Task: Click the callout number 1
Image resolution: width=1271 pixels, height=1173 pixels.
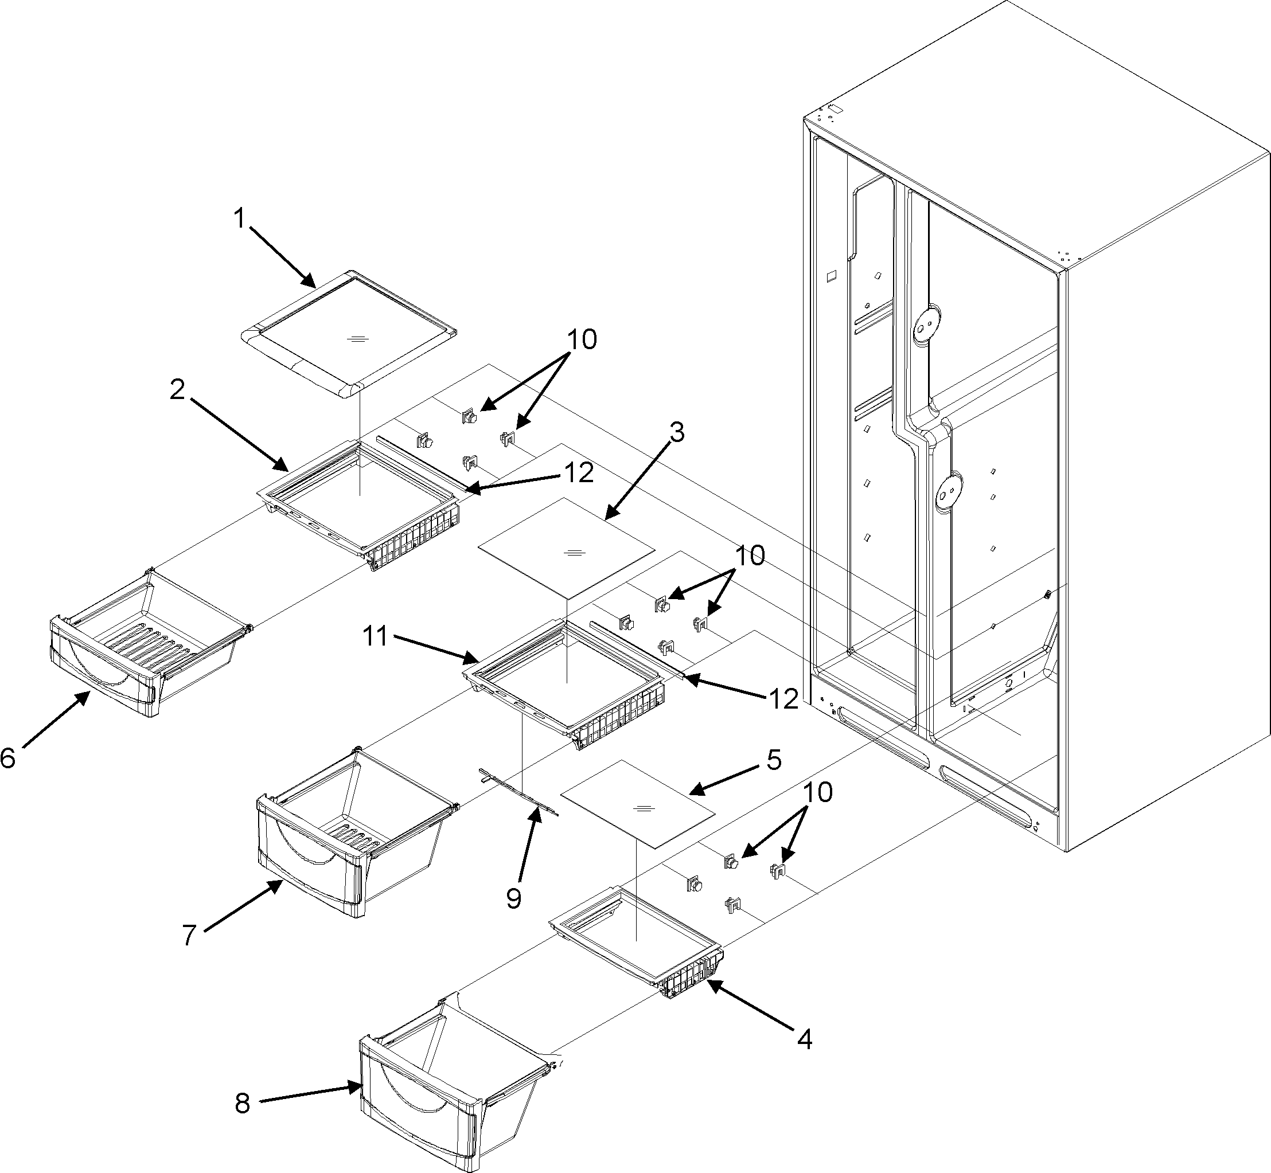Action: click(x=239, y=219)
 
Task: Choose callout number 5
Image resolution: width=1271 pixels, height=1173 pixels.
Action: click(x=773, y=760)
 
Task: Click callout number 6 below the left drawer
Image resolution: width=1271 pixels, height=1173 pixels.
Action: click(x=8, y=757)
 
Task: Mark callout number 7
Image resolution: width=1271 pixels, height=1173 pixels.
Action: click(x=189, y=936)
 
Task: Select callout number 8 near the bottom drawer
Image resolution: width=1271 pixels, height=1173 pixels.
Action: click(x=242, y=1104)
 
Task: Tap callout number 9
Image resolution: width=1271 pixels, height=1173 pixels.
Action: click(x=513, y=898)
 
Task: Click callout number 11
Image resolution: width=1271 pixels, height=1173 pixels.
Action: click(x=375, y=636)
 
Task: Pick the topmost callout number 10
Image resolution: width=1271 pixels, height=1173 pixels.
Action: click(x=582, y=339)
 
